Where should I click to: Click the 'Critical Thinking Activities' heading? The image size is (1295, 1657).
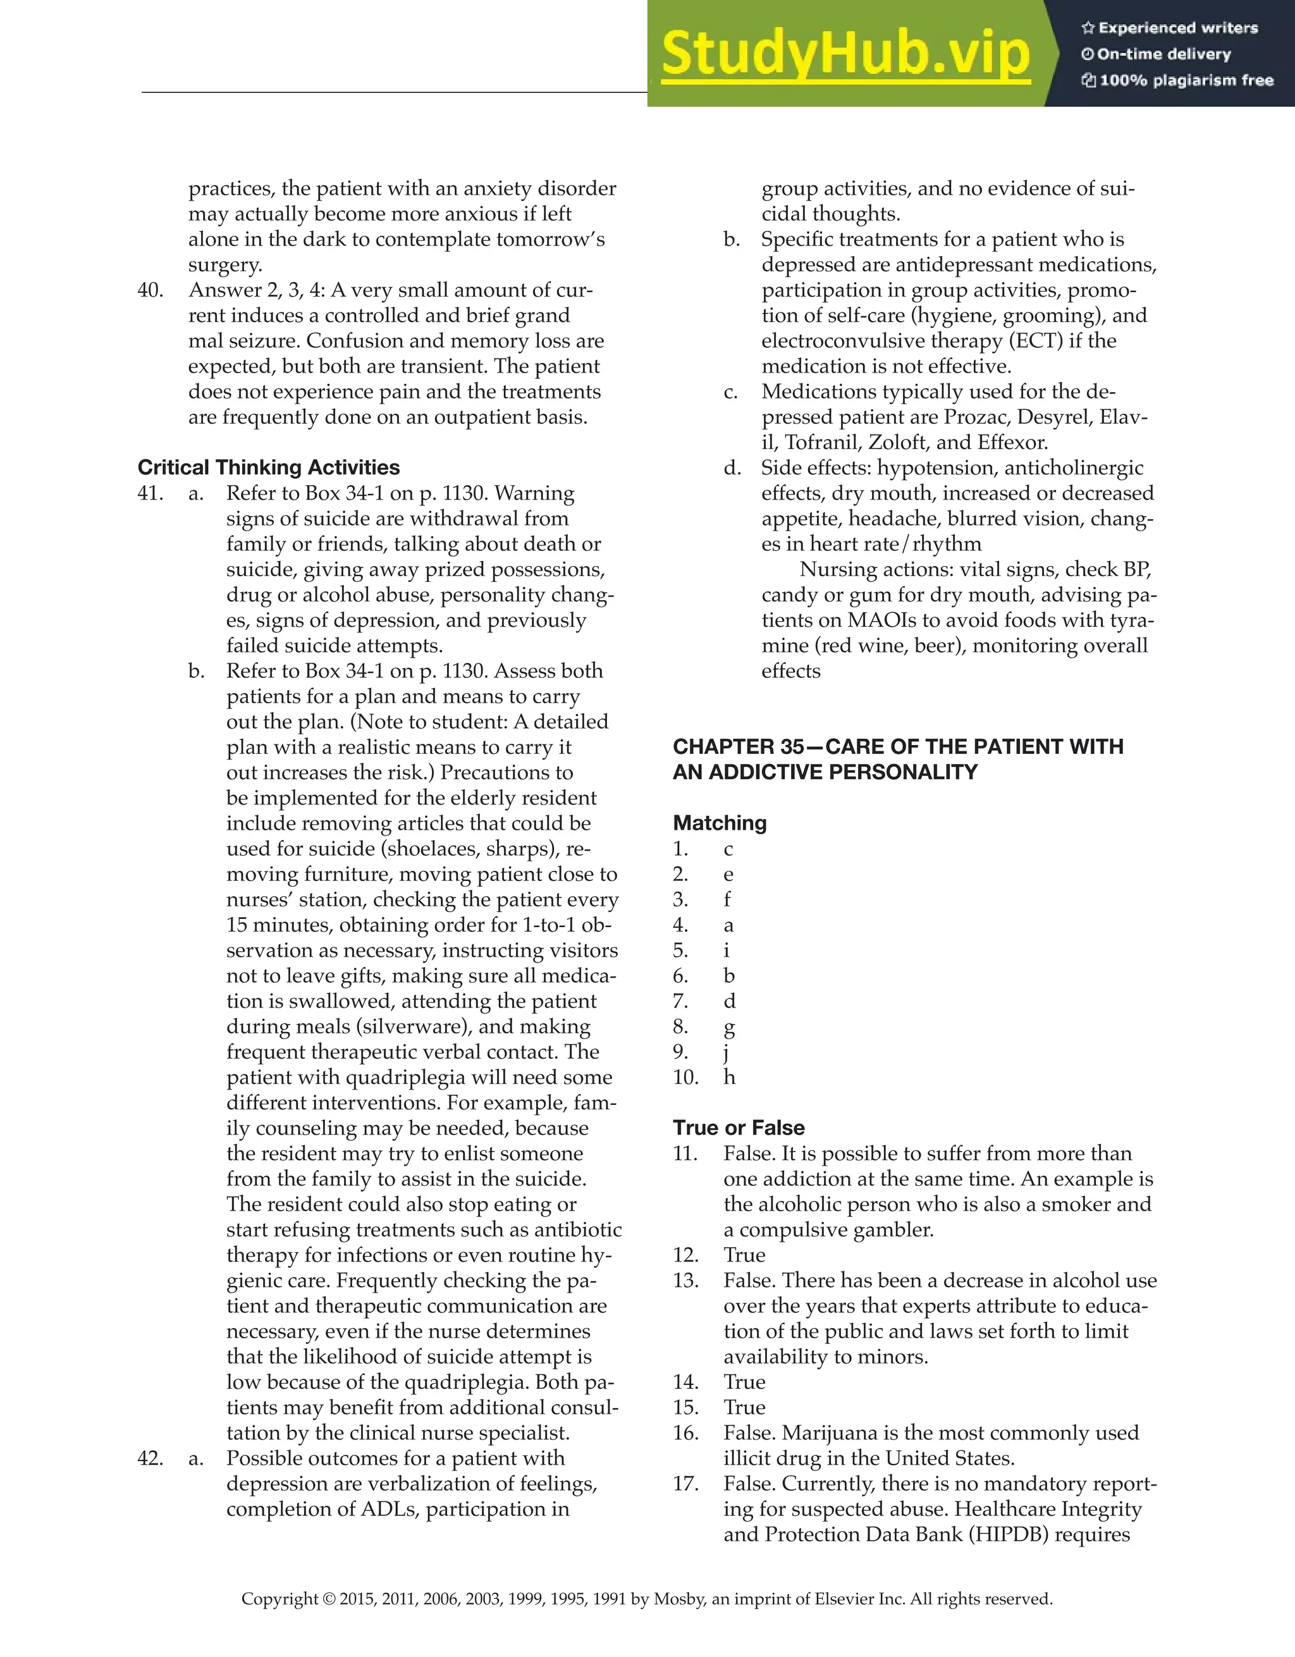[269, 467]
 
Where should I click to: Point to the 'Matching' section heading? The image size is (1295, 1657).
[719, 823]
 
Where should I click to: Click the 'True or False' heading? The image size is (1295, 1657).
[738, 1128]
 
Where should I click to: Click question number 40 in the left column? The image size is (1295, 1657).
[150, 290]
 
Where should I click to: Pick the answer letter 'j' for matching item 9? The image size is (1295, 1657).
[727, 1053]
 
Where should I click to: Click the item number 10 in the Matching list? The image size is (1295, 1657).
[685, 1077]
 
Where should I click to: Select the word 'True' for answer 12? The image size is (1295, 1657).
[744, 1255]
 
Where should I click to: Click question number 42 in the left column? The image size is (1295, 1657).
[150, 1458]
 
